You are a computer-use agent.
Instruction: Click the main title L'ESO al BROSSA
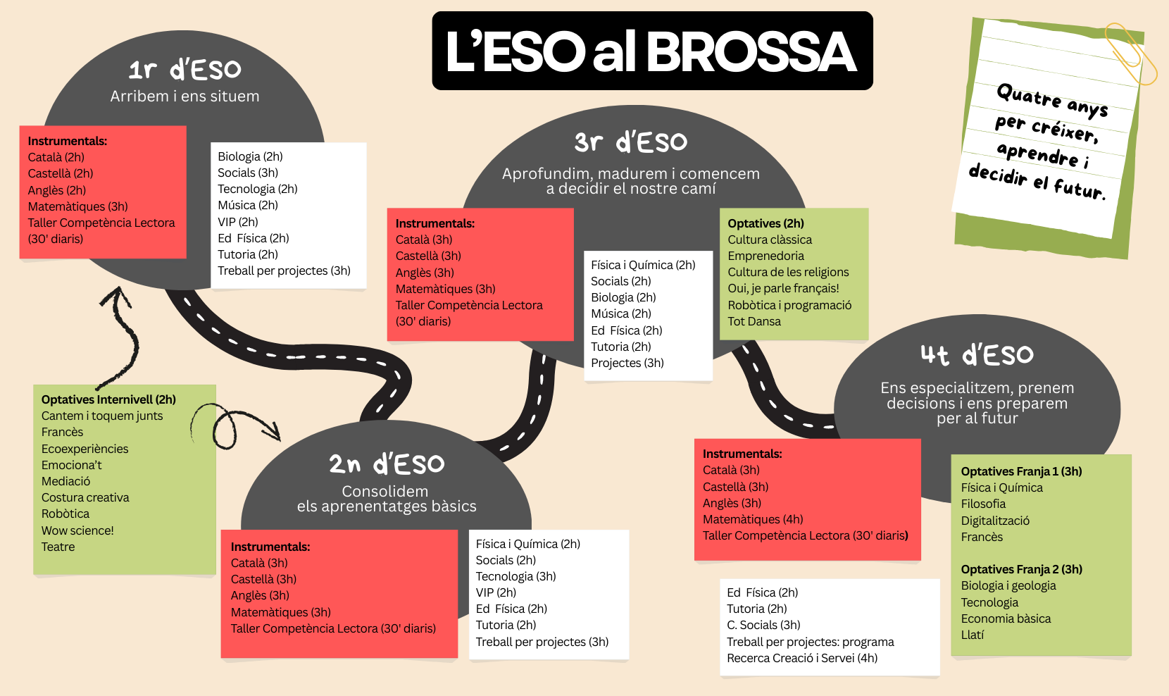coord(652,51)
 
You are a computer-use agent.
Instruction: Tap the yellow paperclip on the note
coord(1131,54)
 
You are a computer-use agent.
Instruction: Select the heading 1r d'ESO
coord(185,70)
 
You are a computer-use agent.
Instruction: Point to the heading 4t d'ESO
coord(977,355)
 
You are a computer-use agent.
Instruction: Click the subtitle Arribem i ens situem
coord(185,97)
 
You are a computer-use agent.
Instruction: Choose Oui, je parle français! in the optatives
coord(783,288)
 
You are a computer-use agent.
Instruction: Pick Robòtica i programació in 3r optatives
coord(789,305)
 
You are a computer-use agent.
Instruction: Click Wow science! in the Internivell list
coord(77,530)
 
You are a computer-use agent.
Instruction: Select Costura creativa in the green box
coord(85,497)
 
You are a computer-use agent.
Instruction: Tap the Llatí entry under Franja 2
coord(973,635)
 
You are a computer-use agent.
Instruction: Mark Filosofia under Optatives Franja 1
coord(983,504)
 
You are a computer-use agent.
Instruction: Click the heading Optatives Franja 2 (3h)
coord(1021,569)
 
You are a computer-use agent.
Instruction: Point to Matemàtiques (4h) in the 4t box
coord(753,519)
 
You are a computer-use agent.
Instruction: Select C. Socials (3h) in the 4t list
coord(763,625)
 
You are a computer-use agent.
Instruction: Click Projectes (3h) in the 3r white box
coord(627,363)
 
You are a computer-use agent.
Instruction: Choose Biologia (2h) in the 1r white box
coord(250,156)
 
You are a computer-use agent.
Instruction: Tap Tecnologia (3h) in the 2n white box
coord(515,576)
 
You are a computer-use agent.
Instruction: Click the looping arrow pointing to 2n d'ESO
coord(232,425)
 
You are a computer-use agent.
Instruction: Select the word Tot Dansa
coord(754,321)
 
